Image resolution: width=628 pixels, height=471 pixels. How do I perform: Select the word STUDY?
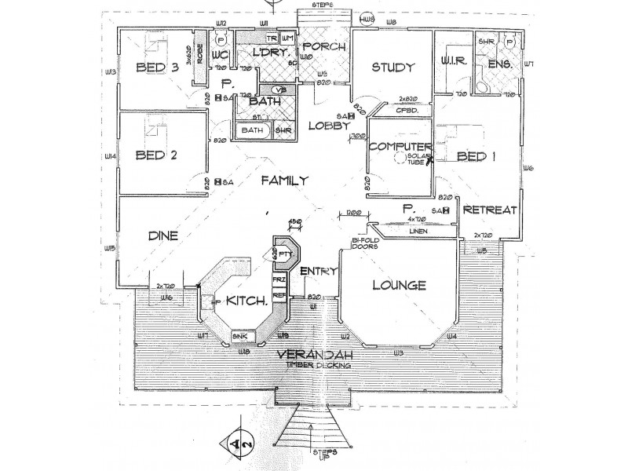392,67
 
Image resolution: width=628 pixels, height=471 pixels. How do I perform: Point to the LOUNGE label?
400,285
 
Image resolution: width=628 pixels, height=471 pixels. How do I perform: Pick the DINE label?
163,235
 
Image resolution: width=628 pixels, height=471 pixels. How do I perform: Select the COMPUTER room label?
401,147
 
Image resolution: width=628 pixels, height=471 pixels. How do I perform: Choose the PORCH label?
320,46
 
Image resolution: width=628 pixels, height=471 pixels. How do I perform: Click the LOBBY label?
323,126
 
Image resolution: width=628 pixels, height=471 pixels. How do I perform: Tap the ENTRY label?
319,271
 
